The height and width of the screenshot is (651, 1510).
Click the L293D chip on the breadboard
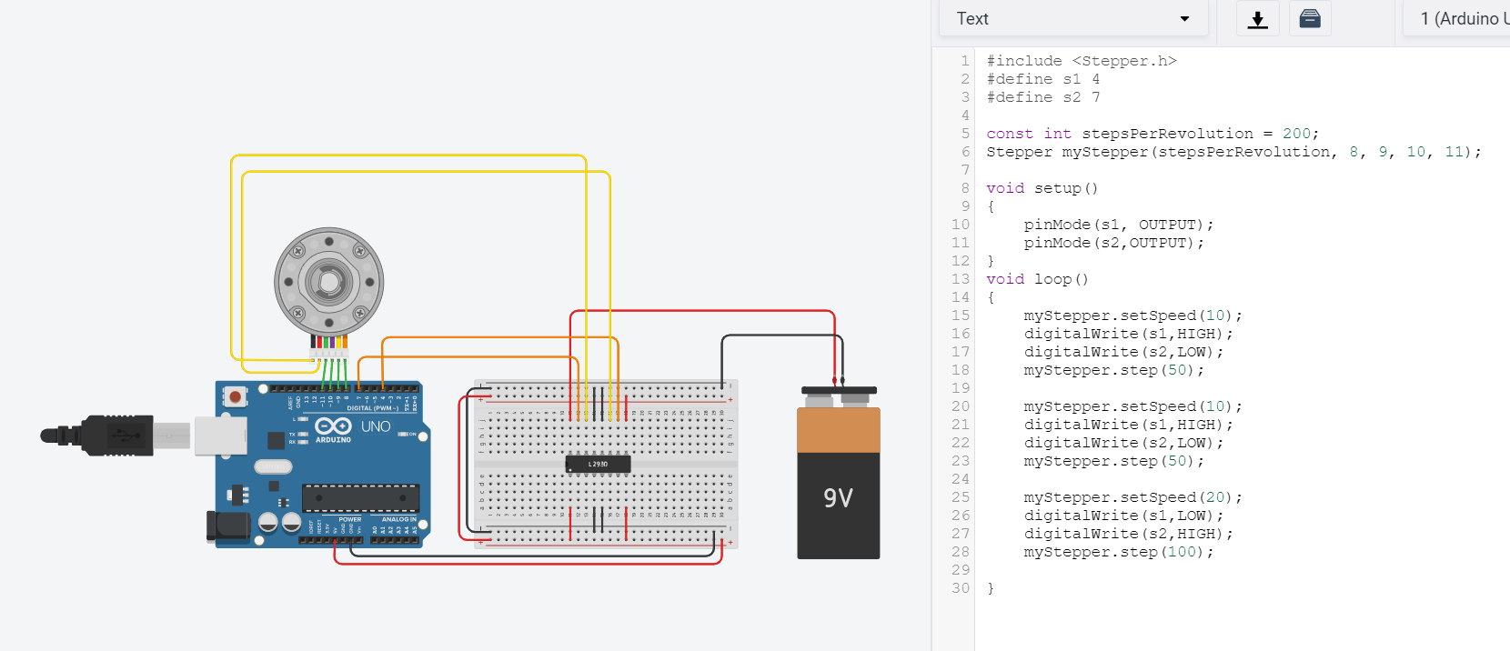598,464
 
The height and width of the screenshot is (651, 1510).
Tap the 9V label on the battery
838,498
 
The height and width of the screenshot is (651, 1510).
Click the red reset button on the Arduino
236,396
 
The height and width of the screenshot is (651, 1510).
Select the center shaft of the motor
328,282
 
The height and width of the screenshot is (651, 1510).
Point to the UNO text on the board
376,426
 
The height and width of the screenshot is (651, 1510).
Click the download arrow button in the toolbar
1257,19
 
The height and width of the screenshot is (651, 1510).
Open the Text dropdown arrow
1184,19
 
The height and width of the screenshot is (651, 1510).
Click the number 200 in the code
1296,134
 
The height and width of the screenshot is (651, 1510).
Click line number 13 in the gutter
961,279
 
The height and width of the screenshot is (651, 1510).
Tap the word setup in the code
1057,188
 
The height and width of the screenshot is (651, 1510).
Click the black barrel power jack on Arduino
227,526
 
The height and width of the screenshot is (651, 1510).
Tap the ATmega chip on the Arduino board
360,498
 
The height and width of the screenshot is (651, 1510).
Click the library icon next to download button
1310,19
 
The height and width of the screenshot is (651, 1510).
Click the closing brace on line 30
991,588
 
